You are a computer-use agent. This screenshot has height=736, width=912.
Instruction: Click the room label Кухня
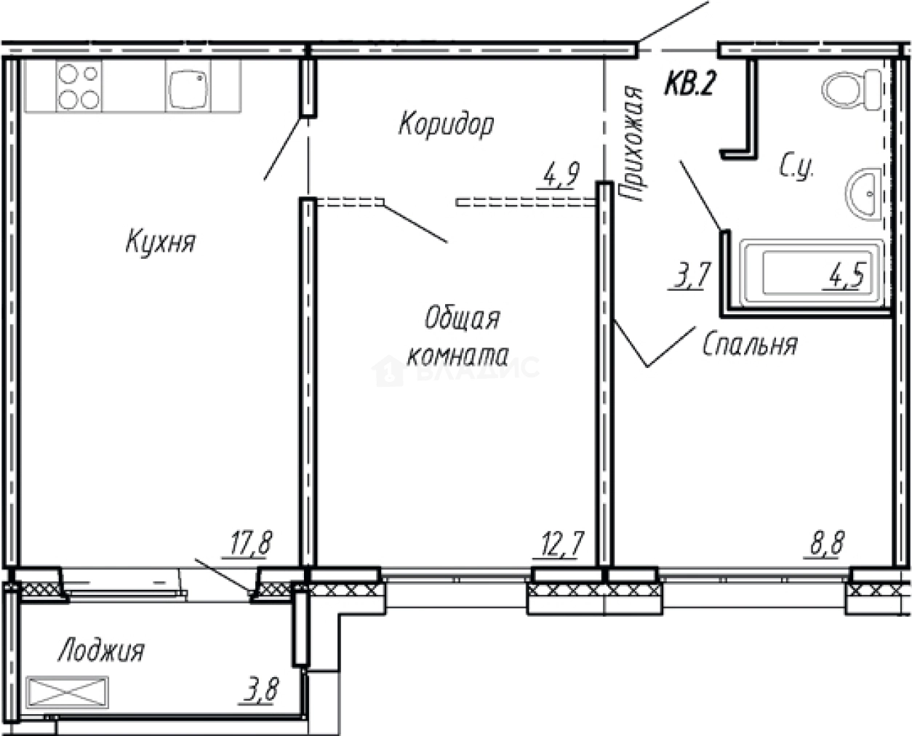tap(160, 241)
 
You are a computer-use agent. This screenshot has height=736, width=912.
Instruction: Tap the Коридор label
tap(445, 124)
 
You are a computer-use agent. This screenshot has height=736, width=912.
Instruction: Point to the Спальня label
tap(750, 345)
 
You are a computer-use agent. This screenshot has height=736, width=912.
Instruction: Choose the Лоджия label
tap(101, 650)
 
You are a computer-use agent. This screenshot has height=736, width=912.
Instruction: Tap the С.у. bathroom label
tap(796, 169)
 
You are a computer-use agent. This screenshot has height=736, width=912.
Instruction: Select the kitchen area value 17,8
tap(249, 544)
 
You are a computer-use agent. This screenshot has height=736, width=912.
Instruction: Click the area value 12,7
tap(559, 544)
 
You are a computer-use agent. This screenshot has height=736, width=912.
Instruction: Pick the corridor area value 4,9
tap(560, 175)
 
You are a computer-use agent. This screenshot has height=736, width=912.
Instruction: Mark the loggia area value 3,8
tap(261, 689)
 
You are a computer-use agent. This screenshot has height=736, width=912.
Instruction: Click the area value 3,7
tap(688, 277)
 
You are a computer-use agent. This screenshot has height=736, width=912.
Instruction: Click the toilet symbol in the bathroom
tap(851, 89)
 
